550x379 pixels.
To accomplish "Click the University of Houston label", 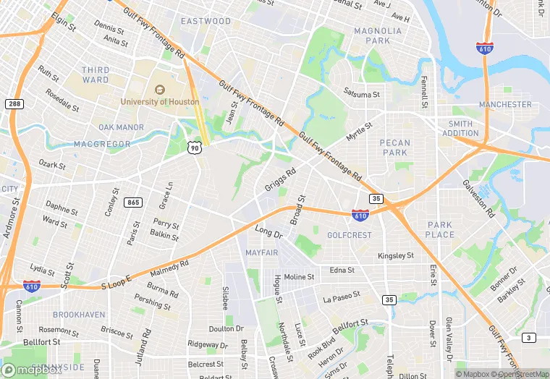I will [160, 102].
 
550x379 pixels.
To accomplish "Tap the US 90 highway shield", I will [193, 148].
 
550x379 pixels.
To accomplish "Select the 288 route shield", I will [13, 104].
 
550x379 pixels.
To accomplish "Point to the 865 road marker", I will [132, 203].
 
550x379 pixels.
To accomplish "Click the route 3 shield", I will [529, 338].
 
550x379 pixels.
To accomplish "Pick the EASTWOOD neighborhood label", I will [206, 21].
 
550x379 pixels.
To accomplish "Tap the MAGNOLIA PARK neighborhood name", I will [377, 35].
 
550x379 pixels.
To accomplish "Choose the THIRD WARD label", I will [96, 74].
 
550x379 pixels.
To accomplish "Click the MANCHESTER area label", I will [505, 104].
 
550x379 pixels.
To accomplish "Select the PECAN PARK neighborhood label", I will [394, 148].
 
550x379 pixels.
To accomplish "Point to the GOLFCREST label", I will [349, 235].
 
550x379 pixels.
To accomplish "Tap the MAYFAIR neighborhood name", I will [262, 252].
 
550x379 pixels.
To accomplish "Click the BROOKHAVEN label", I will [79, 315].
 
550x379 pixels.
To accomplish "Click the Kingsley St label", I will [395, 256].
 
